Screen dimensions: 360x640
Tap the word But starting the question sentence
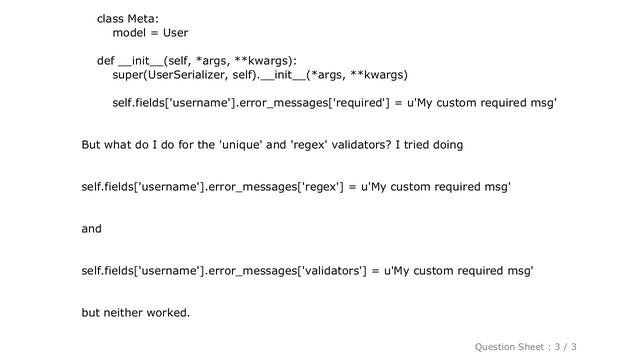point(93,145)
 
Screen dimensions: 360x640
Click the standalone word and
point(91,229)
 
